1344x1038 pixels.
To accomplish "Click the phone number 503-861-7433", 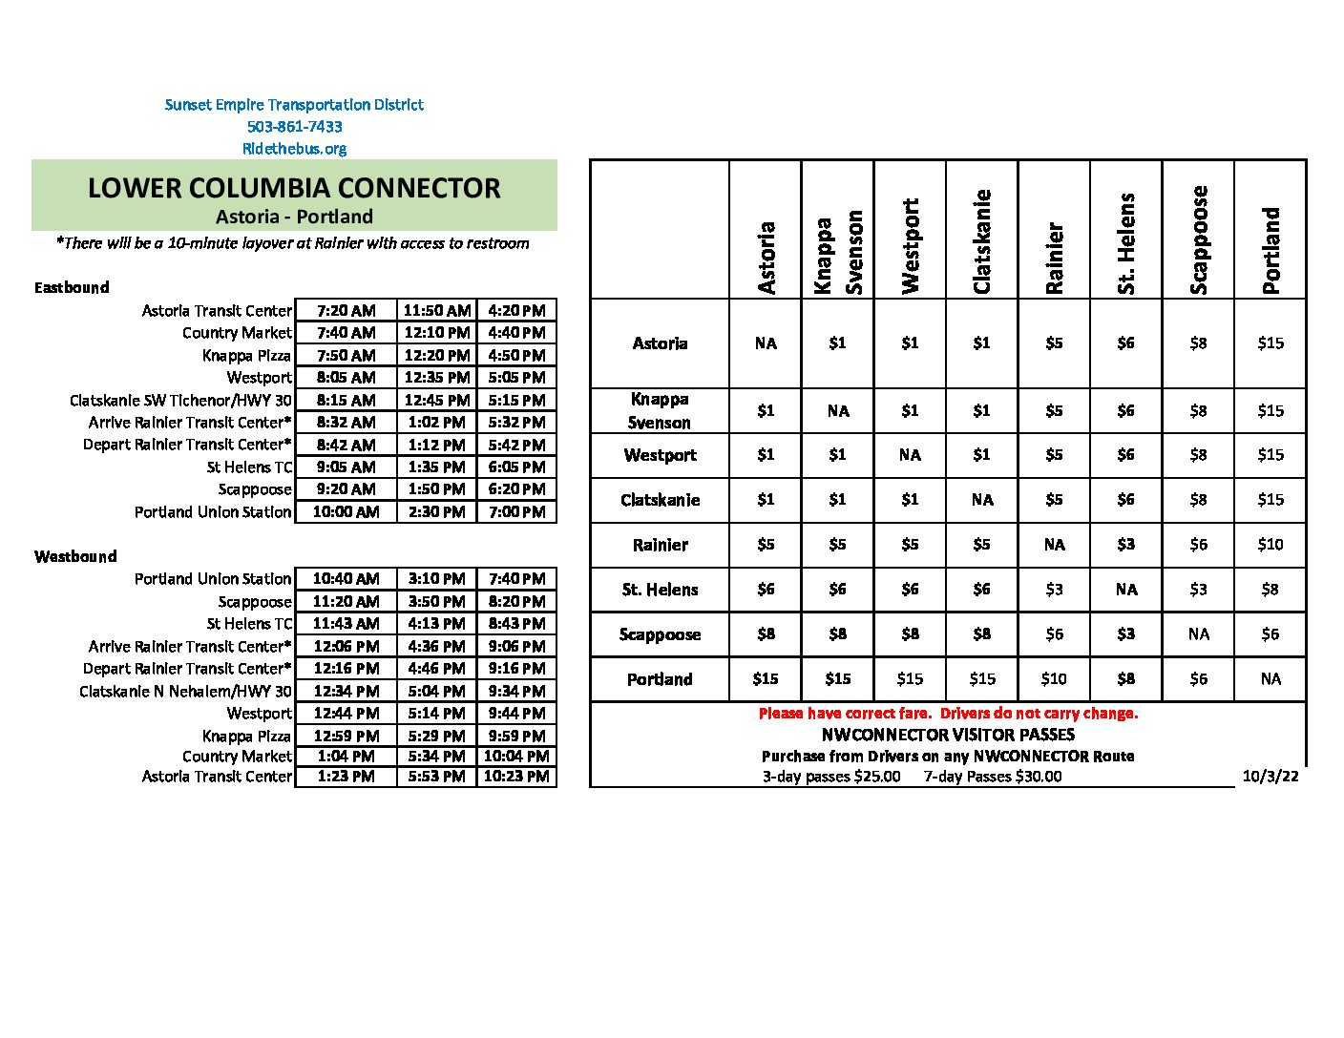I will coord(294,126).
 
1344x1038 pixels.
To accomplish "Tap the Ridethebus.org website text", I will coord(294,149).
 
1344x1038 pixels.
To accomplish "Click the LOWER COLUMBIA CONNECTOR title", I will coord(294,188).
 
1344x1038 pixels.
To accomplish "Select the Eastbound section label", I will coord(72,287).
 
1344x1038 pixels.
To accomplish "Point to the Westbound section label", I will coord(75,556).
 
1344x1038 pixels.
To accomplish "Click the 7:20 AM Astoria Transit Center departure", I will coord(346,311).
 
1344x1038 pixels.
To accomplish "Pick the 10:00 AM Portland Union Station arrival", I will coord(346,512).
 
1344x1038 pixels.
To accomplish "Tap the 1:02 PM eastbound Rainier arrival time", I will coord(436,422).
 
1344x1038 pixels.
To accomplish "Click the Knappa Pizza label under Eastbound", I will coord(246,355).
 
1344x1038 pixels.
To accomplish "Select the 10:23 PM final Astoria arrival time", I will coord(516,777).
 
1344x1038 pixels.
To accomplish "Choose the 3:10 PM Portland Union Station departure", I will coord(436,579).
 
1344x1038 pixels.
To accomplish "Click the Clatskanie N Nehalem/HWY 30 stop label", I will coord(185,691).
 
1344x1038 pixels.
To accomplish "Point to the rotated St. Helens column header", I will coord(1126,243).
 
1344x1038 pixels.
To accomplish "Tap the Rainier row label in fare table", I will coord(660,545).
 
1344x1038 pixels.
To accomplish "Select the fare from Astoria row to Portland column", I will coord(1270,343).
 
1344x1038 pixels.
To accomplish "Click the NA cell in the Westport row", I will coord(910,455).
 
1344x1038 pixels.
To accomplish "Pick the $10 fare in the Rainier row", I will coord(1270,545).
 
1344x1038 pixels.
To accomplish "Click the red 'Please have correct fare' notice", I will coord(948,714).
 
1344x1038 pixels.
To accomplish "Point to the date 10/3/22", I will coord(1270,777).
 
